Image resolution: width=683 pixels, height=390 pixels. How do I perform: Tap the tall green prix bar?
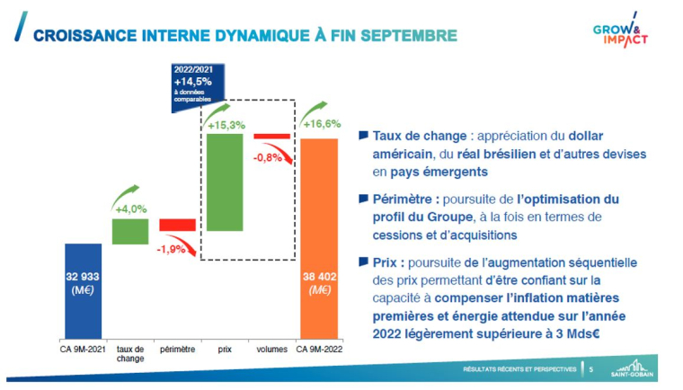(225, 182)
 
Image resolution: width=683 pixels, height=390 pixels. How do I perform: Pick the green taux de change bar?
(130, 231)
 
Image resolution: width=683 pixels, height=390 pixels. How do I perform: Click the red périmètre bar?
(177, 225)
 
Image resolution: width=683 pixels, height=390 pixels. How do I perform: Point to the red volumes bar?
(271, 136)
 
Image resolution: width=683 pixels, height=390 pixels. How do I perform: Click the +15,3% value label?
(226, 124)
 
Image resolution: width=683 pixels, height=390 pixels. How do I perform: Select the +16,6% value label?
(321, 124)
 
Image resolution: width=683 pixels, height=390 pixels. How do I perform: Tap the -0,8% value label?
(269, 157)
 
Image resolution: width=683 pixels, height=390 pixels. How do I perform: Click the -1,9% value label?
(172, 248)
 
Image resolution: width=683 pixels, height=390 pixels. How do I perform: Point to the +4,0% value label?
(131, 208)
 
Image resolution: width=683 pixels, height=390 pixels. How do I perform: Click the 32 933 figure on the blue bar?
(84, 277)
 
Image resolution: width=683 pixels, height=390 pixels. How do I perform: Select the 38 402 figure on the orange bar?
(318, 277)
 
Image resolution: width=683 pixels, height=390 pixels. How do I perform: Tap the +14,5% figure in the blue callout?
(194, 81)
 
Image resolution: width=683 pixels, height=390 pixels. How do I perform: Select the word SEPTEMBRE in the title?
(405, 35)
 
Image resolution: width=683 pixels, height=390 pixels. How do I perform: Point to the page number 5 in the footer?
(590, 368)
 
